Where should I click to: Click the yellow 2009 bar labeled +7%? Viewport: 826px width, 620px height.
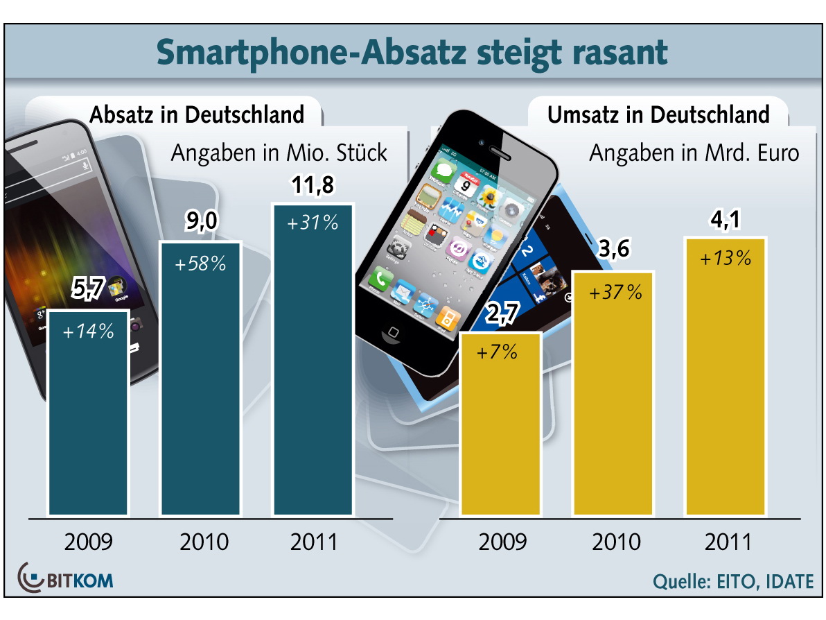(500, 423)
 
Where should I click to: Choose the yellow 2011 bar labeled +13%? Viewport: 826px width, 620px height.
(726, 378)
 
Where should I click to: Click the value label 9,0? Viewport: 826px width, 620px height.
(200, 223)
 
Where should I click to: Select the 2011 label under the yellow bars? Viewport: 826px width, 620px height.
(728, 542)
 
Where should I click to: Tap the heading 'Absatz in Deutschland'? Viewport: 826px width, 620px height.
(197, 114)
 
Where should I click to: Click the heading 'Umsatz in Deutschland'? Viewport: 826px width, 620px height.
(658, 114)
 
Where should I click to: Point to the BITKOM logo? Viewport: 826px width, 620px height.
(67, 578)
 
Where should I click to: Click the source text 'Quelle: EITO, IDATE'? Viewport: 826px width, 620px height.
(733, 582)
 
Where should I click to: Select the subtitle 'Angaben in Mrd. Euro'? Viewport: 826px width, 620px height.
(694, 153)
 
